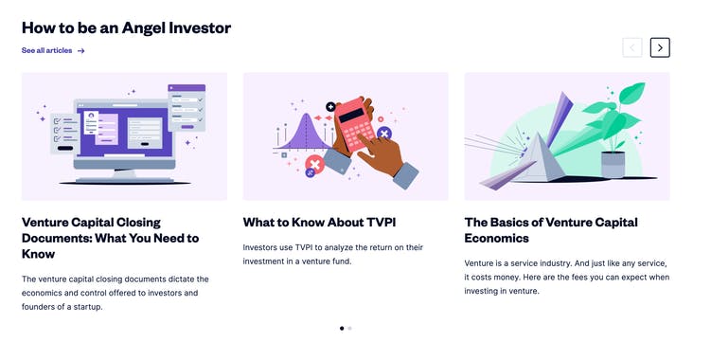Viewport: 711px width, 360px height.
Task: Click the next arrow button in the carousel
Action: coord(660,47)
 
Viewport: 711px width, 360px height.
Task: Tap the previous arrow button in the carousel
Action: coord(632,47)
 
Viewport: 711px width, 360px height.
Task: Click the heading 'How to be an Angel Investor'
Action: coord(126,27)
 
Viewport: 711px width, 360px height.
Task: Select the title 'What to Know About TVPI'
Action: coord(319,223)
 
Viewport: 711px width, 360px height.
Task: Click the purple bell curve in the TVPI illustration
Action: coord(300,133)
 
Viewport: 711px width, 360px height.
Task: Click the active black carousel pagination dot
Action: coord(342,328)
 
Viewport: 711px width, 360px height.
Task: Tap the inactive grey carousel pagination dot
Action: coord(350,328)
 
